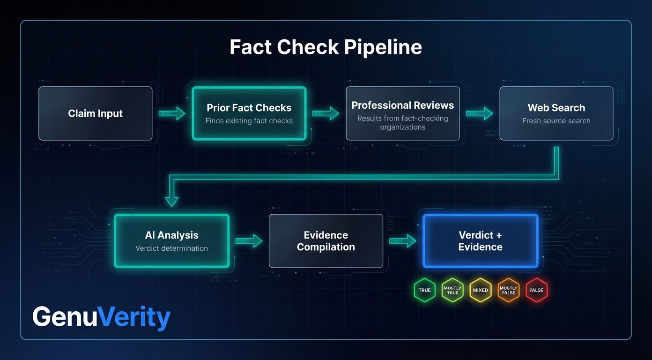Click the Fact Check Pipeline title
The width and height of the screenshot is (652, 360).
[326, 47]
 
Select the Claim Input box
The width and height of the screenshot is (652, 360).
[96, 113]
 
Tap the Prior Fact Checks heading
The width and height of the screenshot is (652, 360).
[249, 108]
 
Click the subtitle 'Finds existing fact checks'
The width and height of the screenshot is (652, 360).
[249, 121]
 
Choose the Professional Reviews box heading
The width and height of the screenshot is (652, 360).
[402, 105]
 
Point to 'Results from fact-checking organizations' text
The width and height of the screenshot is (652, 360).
[402, 123]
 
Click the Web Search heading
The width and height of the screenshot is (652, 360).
[556, 108]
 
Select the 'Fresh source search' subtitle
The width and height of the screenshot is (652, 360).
[556, 121]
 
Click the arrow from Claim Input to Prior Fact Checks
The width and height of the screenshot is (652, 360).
[172, 113]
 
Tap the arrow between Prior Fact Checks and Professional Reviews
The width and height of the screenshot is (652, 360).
[326, 113]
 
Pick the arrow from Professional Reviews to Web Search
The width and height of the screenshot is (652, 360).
[479, 113]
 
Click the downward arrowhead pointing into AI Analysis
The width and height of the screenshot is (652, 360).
[172, 201]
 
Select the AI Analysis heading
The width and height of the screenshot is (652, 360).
[171, 235]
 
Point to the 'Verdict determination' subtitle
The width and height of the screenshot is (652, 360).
[171, 248]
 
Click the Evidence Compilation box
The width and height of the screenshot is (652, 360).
[326, 241]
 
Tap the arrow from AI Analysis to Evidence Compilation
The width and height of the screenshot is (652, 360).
[249, 241]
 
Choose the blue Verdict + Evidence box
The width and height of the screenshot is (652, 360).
[480, 241]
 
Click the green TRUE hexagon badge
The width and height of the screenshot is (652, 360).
[424, 290]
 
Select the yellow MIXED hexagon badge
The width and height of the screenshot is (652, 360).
[480, 290]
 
